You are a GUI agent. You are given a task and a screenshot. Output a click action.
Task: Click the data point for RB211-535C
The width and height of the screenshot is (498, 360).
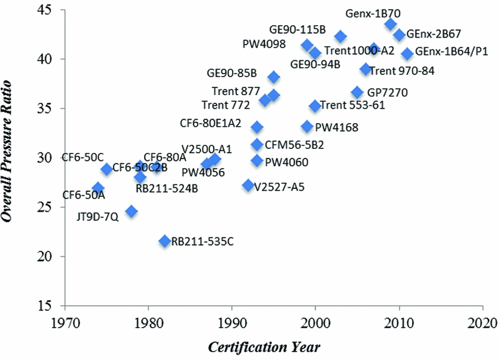[165, 241]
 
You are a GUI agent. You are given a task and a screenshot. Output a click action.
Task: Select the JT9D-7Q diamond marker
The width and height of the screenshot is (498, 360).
[132, 212]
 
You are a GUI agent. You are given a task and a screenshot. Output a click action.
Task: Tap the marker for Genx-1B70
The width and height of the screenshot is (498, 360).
[390, 25]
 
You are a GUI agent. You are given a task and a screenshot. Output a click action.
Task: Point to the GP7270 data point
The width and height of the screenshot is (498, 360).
[358, 93]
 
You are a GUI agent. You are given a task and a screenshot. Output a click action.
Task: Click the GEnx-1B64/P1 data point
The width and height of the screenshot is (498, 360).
[407, 54]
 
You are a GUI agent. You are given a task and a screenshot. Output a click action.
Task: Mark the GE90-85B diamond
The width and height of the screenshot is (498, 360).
[274, 77]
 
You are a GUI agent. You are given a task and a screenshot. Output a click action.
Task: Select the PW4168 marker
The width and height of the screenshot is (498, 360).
[307, 127]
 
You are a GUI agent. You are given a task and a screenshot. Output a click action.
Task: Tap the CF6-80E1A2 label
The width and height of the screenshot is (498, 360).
[210, 124]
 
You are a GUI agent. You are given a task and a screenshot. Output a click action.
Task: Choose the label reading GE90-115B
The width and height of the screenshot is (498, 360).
[297, 29]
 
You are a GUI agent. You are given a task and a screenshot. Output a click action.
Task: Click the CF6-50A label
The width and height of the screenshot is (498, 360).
[84, 195]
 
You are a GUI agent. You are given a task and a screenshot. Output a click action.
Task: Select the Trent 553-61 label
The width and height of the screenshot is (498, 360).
[353, 106]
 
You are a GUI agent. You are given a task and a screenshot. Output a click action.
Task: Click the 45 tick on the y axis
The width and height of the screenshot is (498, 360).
[45, 10]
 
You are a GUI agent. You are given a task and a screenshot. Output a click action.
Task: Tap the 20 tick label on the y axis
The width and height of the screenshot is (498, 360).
[45, 256]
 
